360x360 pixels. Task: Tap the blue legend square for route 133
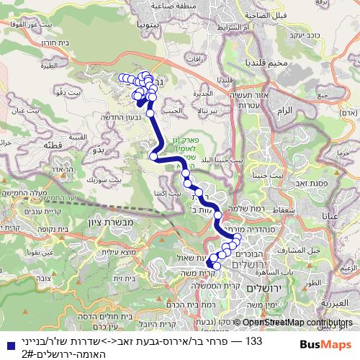(7, 343)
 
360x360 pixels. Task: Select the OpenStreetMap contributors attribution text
(297, 323)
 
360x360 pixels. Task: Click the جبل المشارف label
(289, 251)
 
